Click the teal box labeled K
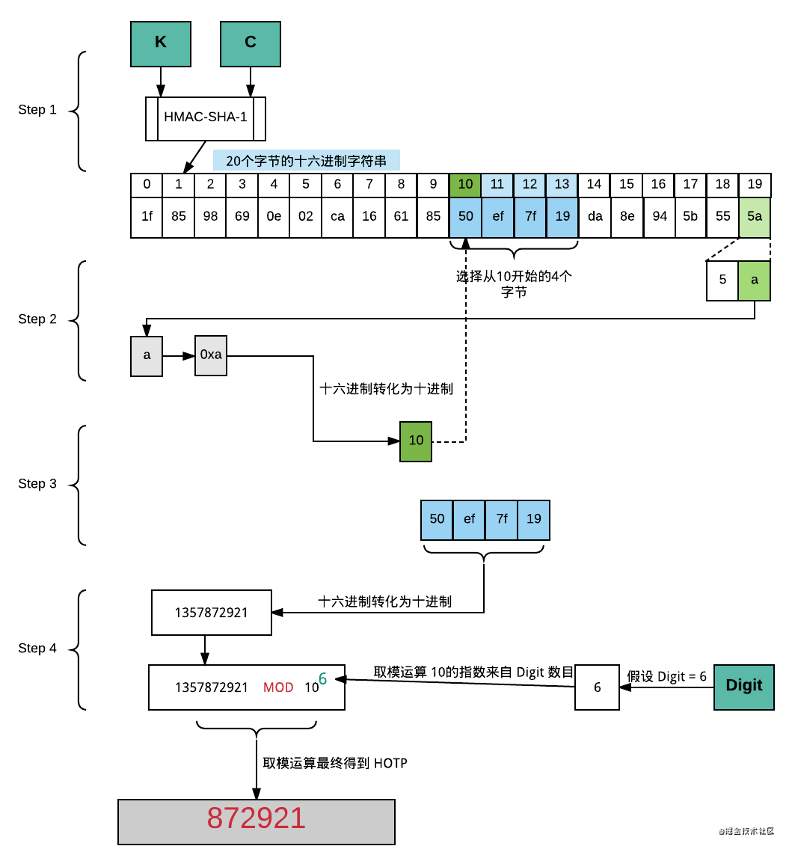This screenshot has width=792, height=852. click(x=161, y=43)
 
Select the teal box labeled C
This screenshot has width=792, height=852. click(x=251, y=43)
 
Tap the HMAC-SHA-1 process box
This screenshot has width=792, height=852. click(x=206, y=117)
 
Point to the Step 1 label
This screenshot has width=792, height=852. click(x=37, y=110)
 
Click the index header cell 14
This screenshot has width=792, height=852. click(x=595, y=185)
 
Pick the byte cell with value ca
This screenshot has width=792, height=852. click(x=337, y=218)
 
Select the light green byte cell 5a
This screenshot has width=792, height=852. click(x=755, y=218)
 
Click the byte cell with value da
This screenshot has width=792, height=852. click(x=595, y=218)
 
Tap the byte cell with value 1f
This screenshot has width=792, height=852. click(x=147, y=218)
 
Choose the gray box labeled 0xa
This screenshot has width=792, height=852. click(x=211, y=355)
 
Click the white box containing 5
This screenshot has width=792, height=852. click(x=722, y=281)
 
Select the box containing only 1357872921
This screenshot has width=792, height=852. click(x=211, y=612)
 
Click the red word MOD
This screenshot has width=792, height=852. click(x=278, y=687)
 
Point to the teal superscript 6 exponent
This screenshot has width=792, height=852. click(x=323, y=678)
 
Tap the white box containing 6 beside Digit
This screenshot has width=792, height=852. click(x=597, y=687)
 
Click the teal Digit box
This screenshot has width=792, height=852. click(x=744, y=686)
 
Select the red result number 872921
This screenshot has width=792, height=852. click(x=257, y=818)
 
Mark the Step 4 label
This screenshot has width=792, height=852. click(x=37, y=649)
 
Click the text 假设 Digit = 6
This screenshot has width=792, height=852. click(x=666, y=676)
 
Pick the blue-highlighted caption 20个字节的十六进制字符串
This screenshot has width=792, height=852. click(x=307, y=160)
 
